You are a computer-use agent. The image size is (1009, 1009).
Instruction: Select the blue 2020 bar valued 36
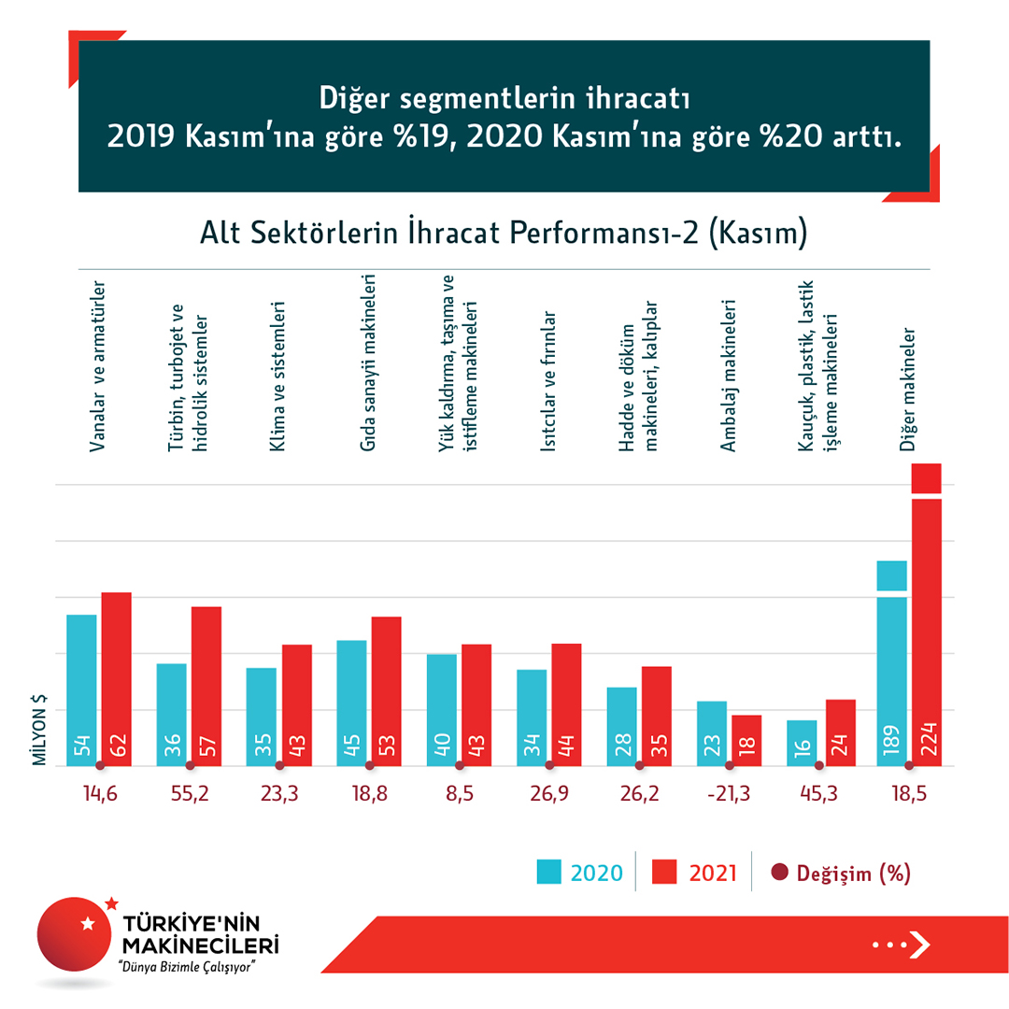(171, 715)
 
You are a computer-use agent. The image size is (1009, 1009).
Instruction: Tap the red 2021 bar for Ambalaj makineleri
(746, 741)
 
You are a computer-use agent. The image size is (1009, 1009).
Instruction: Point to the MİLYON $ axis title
(40, 730)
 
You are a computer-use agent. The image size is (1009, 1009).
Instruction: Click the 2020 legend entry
(579, 873)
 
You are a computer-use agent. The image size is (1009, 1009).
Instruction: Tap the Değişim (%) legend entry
(840, 873)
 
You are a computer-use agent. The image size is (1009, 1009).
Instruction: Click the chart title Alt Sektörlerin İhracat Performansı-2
(504, 234)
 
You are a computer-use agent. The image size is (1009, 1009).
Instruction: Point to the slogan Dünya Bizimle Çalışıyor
(183, 964)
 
